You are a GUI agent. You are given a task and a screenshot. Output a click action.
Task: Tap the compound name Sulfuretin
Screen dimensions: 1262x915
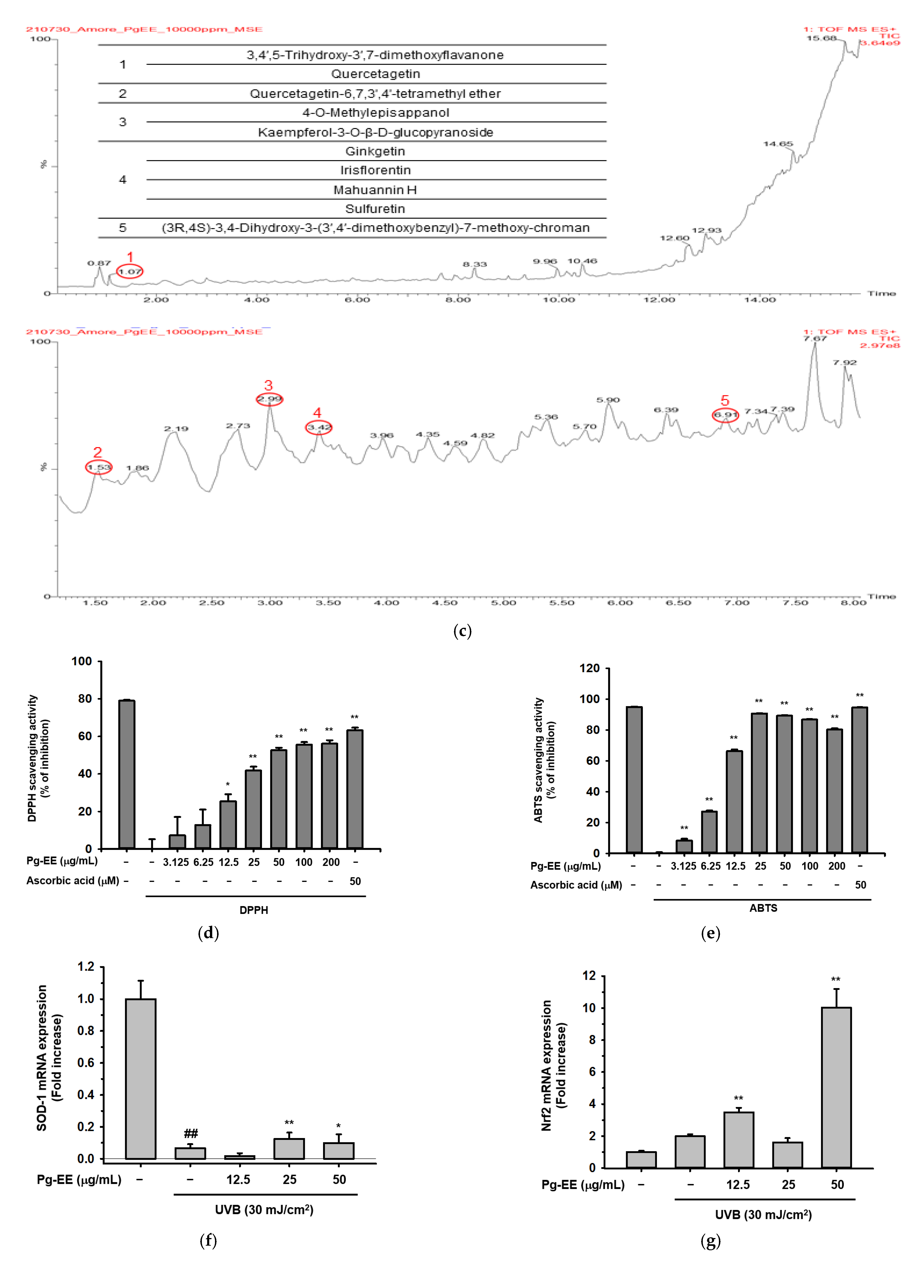(x=375, y=209)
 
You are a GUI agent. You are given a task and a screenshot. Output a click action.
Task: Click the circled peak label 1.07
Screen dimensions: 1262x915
(x=130, y=272)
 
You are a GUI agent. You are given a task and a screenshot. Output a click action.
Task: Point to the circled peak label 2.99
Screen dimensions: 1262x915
(x=269, y=399)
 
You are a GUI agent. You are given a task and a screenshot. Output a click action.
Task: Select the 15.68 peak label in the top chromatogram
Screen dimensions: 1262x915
(x=821, y=38)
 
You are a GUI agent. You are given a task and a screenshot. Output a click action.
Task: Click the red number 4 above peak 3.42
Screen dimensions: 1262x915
(x=317, y=412)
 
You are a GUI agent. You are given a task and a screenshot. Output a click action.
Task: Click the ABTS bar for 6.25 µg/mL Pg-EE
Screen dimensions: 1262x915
(x=709, y=832)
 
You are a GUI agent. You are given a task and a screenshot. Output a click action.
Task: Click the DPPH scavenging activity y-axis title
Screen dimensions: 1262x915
(x=38, y=758)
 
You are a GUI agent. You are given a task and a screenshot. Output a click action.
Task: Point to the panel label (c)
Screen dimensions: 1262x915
(x=462, y=631)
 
